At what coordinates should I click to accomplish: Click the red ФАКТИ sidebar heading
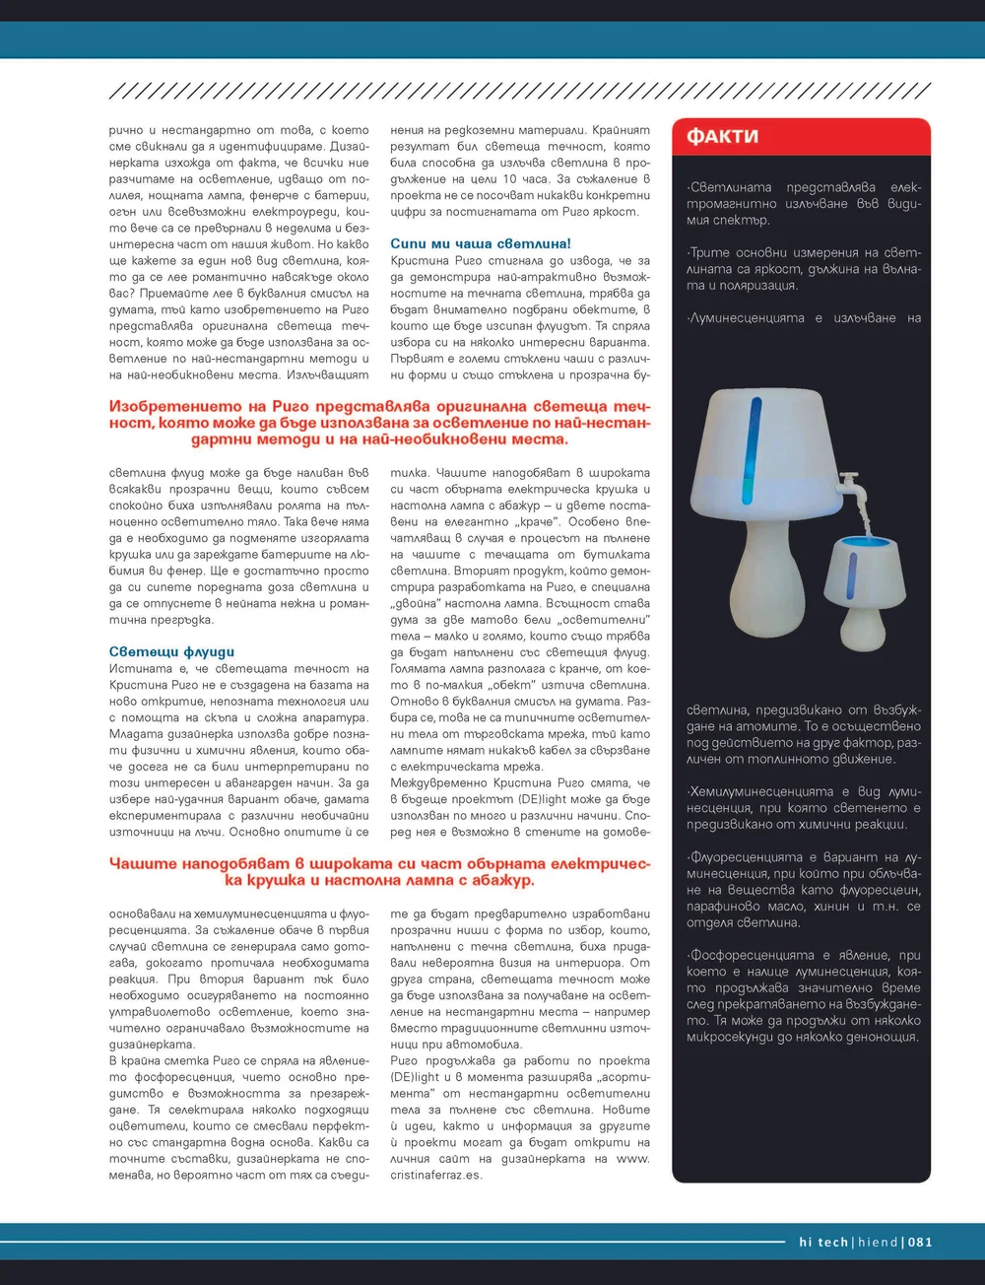[722, 136]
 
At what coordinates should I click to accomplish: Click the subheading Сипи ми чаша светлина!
[480, 243]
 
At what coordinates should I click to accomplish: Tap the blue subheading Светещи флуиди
[171, 651]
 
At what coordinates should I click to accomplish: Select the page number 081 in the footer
[920, 1242]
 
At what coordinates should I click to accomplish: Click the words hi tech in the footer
[822, 1242]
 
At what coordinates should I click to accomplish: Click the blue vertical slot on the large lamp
[755, 448]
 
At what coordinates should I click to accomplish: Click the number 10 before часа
[509, 179]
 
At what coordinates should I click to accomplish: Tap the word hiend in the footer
[877, 1242]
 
